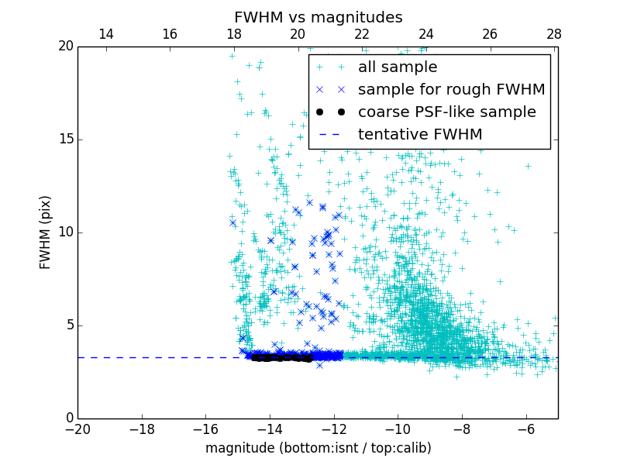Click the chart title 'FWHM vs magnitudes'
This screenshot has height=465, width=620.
318,17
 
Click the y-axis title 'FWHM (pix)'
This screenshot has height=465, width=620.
46,232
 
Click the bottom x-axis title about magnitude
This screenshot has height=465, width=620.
318,448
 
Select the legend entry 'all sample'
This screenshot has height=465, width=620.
397,67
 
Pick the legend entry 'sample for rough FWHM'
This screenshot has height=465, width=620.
451,90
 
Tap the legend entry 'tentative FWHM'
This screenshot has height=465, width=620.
419,134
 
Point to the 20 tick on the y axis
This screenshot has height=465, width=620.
64,46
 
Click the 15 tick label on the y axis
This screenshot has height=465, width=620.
64,139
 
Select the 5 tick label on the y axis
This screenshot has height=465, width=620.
68,325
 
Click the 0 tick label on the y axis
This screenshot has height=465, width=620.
68,418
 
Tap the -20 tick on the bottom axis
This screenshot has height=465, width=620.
77,429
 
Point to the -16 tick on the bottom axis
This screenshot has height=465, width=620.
205,429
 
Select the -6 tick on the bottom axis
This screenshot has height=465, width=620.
525,429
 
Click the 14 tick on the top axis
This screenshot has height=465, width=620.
106,35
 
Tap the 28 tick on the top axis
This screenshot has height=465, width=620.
553,35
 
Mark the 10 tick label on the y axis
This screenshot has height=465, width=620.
64,232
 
